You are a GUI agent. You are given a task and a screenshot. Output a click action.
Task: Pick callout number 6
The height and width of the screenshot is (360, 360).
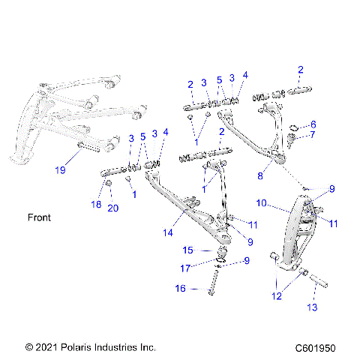click(313, 124)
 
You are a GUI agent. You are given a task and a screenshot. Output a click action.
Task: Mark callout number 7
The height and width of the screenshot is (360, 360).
click(313, 136)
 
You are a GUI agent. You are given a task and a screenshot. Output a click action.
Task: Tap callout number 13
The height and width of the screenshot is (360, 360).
click(312, 307)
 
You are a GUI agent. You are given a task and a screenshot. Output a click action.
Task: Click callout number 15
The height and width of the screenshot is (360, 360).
click(188, 250)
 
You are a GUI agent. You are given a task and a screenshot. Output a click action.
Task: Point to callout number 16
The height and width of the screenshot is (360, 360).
click(180, 288)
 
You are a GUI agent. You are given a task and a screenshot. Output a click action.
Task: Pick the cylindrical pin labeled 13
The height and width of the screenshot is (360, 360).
click(313, 285)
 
